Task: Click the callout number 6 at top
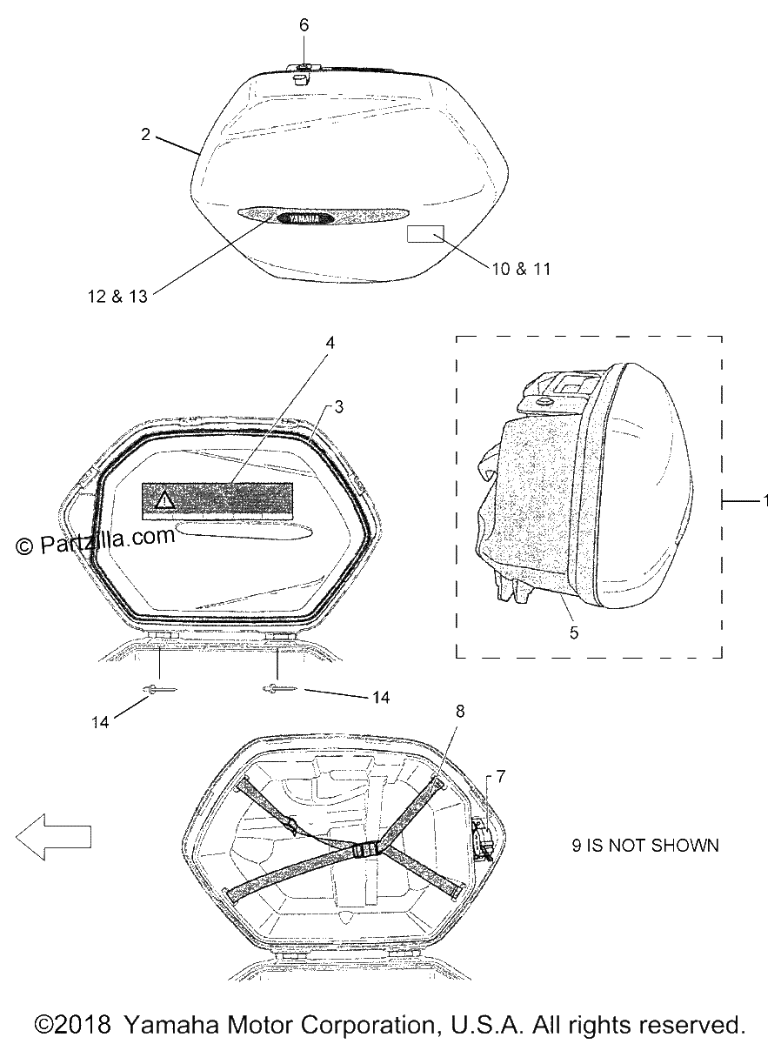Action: pyautogui.click(x=304, y=25)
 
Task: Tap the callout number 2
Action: pyautogui.click(x=145, y=135)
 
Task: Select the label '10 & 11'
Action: pyautogui.click(x=521, y=269)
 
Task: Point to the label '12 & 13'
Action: pyautogui.click(x=117, y=297)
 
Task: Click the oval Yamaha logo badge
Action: pyautogui.click(x=304, y=218)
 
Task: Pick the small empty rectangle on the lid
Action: pyautogui.click(x=425, y=233)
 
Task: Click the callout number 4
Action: pyautogui.click(x=330, y=343)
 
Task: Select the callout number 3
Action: pyautogui.click(x=339, y=407)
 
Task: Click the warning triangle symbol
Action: pyautogui.click(x=165, y=500)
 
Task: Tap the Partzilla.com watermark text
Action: pyautogui.click(x=95, y=541)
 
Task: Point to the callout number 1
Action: pyautogui.click(x=766, y=500)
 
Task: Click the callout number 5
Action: pyautogui.click(x=574, y=632)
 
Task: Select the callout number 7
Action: pyautogui.click(x=501, y=777)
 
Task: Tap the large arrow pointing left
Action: pyautogui.click(x=53, y=837)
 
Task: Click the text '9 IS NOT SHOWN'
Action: pyautogui.click(x=645, y=845)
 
